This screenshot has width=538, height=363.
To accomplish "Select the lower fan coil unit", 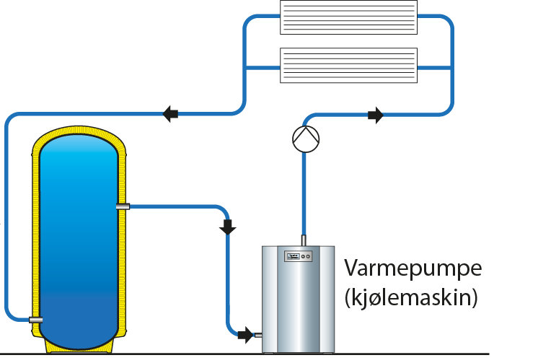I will [x=348, y=66].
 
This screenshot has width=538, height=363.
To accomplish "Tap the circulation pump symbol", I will [x=305, y=137].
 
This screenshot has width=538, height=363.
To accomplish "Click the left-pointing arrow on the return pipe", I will [x=171, y=113].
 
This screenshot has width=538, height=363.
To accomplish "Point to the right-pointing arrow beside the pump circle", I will [x=375, y=115].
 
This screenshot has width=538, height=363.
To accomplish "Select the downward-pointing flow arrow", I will [x=228, y=227].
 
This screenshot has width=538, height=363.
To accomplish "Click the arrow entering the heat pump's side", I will [x=246, y=334].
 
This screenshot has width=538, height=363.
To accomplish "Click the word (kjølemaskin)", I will [x=411, y=297].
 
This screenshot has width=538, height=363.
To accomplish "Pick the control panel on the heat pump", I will [x=299, y=256].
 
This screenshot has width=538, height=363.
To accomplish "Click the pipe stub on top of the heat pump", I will [x=304, y=240].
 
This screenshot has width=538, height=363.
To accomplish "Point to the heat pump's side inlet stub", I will [x=257, y=334].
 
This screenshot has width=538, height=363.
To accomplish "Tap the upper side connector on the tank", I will [x=123, y=207].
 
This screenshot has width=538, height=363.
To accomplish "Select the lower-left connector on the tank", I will [x=35, y=319].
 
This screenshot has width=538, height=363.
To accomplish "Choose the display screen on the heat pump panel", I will [x=293, y=256].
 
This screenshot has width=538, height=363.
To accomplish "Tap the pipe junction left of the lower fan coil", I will [x=245, y=67].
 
